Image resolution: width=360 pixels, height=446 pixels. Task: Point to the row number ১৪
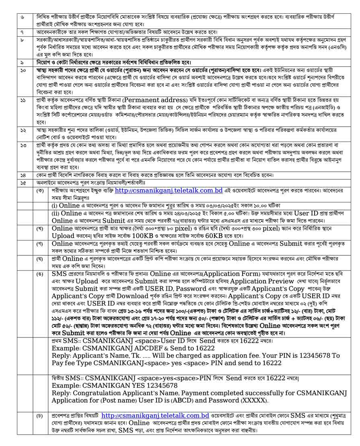[x=23, y=175]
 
